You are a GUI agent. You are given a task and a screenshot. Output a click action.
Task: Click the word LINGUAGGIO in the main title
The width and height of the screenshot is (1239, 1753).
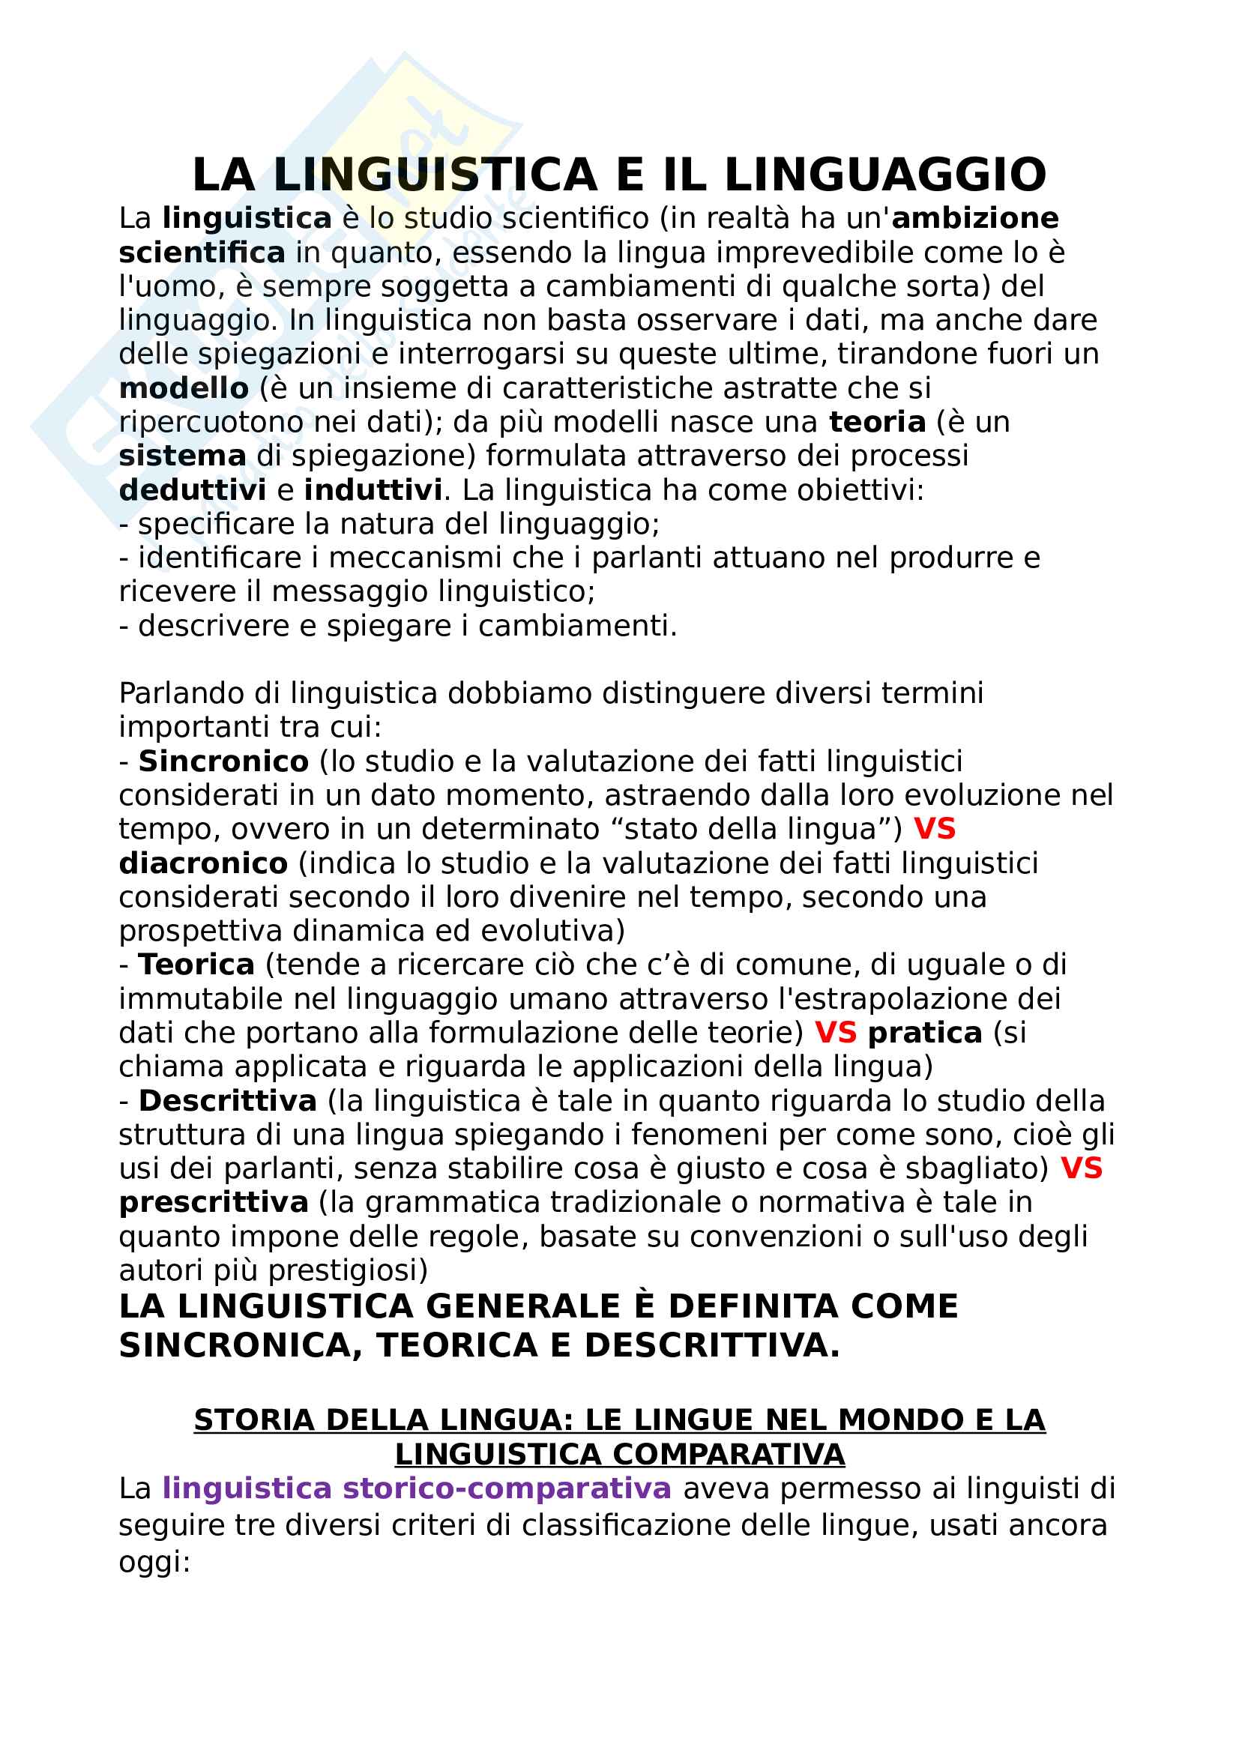[x=884, y=175]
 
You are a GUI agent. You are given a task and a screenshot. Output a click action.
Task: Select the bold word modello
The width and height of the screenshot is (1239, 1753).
[x=184, y=389]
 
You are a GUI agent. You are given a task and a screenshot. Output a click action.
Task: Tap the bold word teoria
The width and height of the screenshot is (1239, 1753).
[x=877, y=422]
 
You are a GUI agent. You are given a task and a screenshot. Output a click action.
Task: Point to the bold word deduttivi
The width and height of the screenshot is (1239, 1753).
[x=193, y=490]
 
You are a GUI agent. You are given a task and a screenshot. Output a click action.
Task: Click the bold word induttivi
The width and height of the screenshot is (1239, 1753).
[x=373, y=490]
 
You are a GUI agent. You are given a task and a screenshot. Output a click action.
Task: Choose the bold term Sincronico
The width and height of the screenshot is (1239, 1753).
[x=223, y=761]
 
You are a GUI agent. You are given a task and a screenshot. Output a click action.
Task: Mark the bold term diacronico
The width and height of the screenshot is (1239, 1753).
[x=203, y=863]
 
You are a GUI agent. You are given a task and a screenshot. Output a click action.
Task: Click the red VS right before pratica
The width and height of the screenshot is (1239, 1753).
[x=835, y=1033]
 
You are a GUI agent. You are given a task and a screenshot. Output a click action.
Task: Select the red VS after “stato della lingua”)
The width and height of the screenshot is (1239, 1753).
[x=935, y=829]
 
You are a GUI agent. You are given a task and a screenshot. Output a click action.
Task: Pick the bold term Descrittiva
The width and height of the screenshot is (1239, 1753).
[x=228, y=1101]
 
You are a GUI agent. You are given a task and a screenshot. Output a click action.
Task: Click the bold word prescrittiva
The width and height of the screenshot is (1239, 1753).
[x=214, y=1202]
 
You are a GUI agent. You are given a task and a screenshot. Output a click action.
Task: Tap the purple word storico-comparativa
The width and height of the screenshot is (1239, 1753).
[x=507, y=1489]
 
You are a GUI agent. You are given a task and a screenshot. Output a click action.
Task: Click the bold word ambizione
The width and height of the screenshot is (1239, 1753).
[x=975, y=218]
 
